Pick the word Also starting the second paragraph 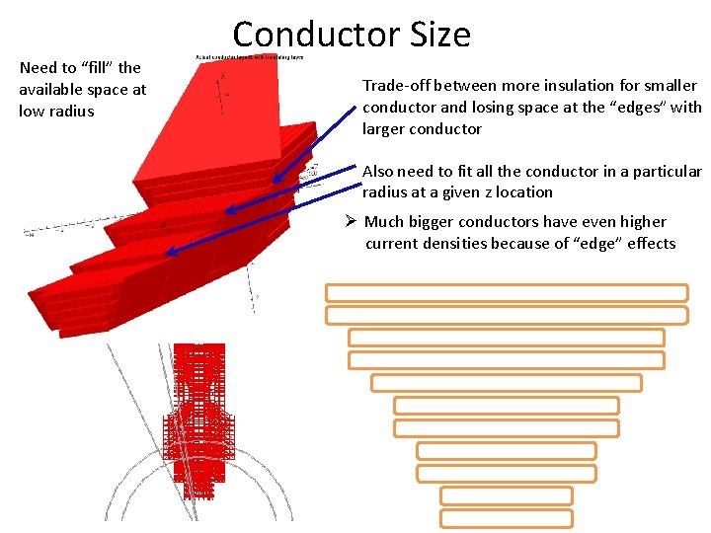tap(380, 171)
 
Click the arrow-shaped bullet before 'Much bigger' tap(352, 222)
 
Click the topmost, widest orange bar tap(507, 293)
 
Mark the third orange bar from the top tap(507, 338)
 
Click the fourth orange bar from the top tap(507, 360)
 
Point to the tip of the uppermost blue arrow tap(275, 183)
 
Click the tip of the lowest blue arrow tap(167, 253)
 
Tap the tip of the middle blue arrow tap(224, 210)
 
